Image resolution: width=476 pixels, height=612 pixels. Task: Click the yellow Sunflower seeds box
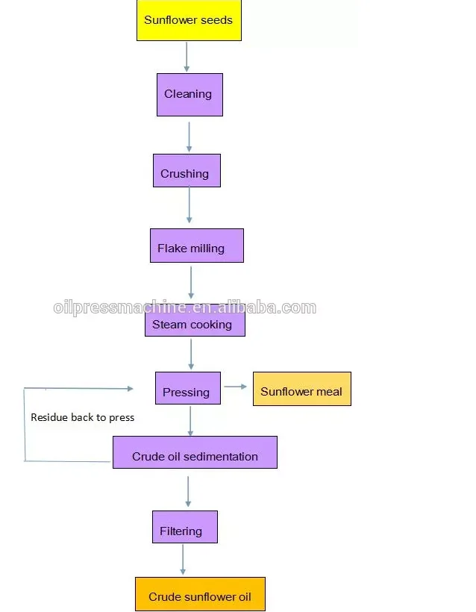(189, 20)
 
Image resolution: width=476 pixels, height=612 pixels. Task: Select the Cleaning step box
(190, 94)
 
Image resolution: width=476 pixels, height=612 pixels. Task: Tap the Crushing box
(187, 171)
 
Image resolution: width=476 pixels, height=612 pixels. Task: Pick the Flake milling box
(196, 246)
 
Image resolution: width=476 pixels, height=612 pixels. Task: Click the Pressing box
(187, 389)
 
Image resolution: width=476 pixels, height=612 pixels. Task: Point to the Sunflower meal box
(301, 389)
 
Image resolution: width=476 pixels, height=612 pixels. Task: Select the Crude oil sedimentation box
(195, 453)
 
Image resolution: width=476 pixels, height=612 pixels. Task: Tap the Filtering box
(184, 527)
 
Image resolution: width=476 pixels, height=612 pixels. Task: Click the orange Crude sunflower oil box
(200, 594)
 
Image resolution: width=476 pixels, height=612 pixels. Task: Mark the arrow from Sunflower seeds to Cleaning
(187, 57)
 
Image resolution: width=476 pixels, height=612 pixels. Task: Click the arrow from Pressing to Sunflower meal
(236, 387)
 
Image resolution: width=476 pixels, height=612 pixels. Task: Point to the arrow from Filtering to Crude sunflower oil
(183, 559)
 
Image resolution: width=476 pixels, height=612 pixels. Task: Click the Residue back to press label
(82, 417)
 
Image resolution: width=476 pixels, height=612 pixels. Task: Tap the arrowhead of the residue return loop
(130, 388)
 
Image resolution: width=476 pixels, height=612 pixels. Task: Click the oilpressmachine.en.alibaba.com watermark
(185, 307)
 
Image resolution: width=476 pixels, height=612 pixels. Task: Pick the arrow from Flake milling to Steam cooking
(191, 282)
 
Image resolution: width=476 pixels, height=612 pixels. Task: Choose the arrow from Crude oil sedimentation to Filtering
(188, 490)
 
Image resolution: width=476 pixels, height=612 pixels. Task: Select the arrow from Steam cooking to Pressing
(191, 354)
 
